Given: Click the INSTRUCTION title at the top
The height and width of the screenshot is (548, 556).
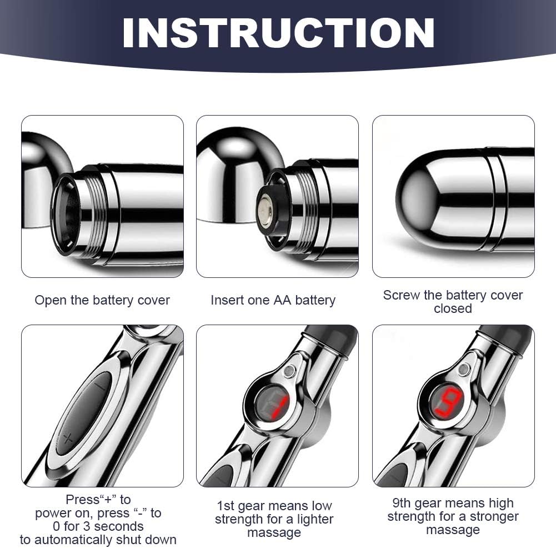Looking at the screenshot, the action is pyautogui.click(x=278, y=33).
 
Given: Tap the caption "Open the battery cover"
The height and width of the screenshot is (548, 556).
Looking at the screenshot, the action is pyautogui.click(x=102, y=300).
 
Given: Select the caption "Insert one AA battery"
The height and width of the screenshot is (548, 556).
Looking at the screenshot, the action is pyautogui.click(x=273, y=300).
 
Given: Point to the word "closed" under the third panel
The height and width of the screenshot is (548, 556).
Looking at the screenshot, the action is pyautogui.click(x=453, y=308).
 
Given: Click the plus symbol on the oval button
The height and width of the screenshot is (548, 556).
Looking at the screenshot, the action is pyautogui.click(x=68, y=440).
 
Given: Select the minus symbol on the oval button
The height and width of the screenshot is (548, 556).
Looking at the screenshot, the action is pyautogui.click(x=101, y=387).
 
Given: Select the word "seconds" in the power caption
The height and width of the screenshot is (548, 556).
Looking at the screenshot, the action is pyautogui.click(x=119, y=526).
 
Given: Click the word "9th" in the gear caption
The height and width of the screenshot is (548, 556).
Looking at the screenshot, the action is pyautogui.click(x=402, y=503).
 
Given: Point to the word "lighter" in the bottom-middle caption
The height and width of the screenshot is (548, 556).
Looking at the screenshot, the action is pyautogui.click(x=315, y=519).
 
